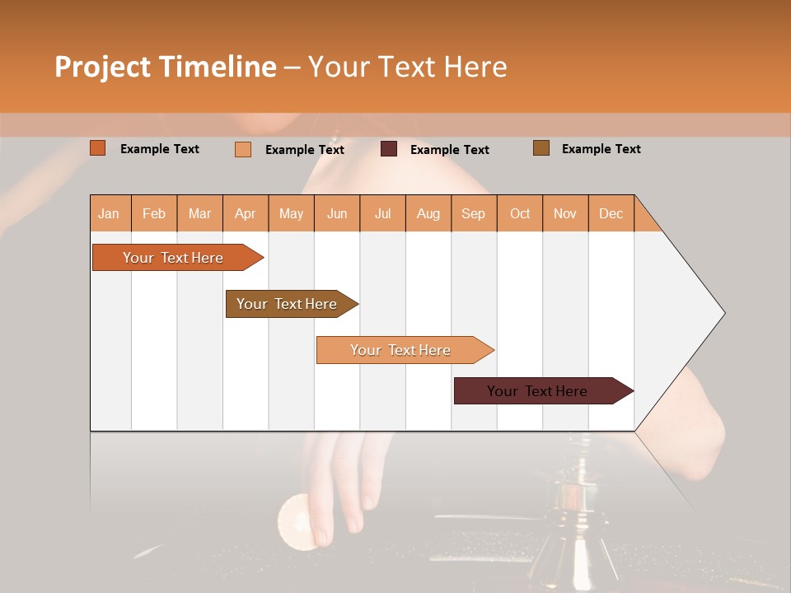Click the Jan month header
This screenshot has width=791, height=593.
[109, 213]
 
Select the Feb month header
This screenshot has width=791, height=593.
[154, 213]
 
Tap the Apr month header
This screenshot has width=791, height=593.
[245, 213]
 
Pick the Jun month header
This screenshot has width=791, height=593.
[337, 213]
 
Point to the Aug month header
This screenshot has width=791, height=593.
[428, 213]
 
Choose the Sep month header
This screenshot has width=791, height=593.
[473, 213]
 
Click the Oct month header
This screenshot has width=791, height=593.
[520, 213]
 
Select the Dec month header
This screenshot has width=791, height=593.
[611, 213]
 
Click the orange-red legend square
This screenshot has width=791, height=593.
[98, 148]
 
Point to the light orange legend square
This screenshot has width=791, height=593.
[243, 149]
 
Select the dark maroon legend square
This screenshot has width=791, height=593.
[389, 149]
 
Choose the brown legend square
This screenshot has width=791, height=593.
[541, 148]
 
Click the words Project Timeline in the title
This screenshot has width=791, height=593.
[166, 67]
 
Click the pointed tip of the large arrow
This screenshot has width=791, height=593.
[723, 313]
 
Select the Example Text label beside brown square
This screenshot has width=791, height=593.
[601, 149]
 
